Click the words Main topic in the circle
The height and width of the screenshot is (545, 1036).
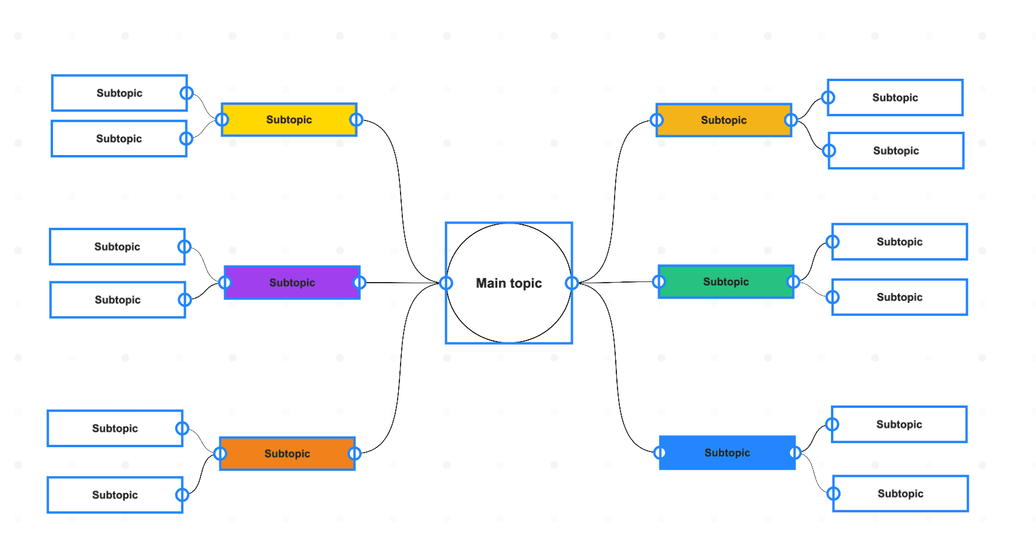508,283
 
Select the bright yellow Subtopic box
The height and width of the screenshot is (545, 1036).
289,120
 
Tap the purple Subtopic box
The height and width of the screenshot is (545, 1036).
292,283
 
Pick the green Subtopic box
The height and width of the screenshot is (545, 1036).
725,281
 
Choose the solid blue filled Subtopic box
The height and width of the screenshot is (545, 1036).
727,453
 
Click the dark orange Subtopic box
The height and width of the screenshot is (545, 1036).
287,454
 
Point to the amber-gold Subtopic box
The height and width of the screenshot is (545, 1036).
724,120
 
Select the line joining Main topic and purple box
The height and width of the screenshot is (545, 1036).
402,283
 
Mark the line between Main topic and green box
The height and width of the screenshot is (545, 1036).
617,282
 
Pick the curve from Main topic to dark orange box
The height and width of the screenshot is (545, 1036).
401,370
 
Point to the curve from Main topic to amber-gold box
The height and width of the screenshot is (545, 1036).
615,191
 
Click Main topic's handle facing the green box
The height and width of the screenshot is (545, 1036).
572,283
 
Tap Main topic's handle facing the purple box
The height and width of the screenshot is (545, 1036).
446,283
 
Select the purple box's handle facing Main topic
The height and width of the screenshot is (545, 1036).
359,283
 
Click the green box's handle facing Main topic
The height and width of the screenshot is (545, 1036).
659,281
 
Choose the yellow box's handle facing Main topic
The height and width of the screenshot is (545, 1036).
356,120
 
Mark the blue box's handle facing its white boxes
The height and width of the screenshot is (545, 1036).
795,453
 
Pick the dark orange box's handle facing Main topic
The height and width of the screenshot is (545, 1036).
355,454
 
